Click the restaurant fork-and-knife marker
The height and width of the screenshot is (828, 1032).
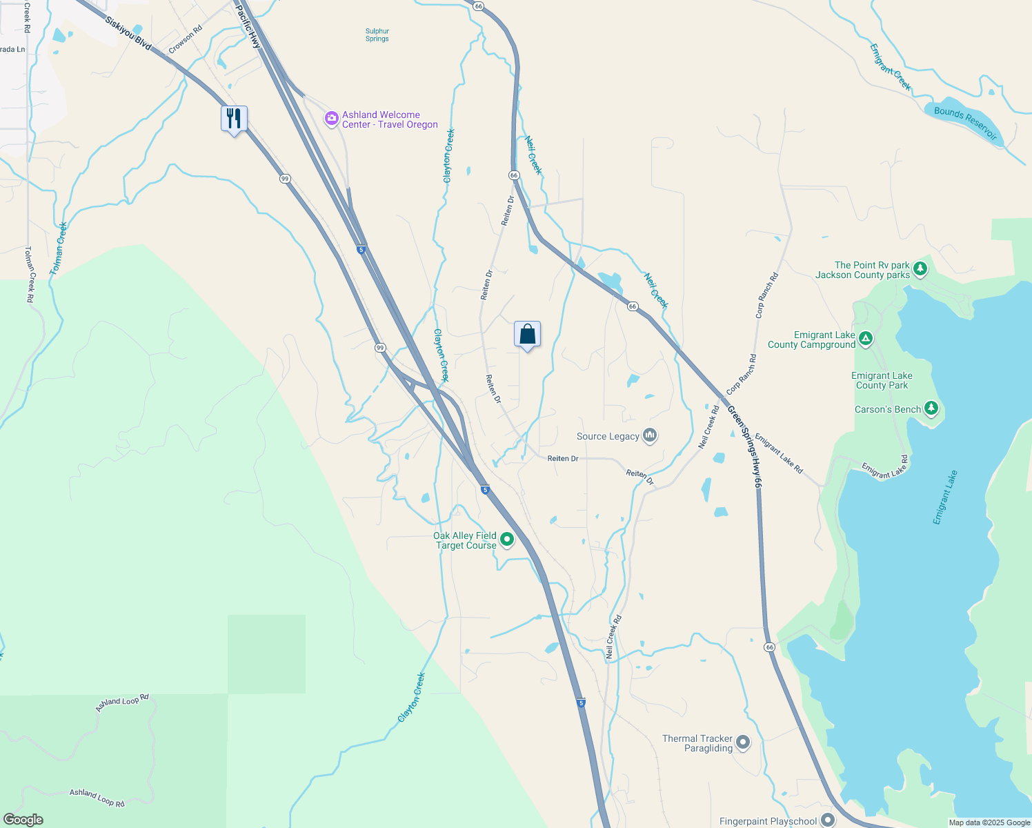234,119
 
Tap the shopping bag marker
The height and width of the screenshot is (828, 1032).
527,335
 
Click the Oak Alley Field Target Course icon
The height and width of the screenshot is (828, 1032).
507,540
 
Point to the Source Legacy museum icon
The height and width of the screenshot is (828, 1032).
649,435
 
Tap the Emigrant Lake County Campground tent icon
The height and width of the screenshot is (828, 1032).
866,339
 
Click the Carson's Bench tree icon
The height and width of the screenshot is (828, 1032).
931,408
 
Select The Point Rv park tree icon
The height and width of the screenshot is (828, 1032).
920,269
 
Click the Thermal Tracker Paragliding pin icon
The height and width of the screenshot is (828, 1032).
743,742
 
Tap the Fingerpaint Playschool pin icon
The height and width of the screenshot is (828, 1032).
828,820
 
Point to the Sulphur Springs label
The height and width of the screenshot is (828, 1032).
377,35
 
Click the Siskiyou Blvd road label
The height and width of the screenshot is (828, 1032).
128,33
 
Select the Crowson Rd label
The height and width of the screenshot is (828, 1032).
186,39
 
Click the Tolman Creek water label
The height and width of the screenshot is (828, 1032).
59,248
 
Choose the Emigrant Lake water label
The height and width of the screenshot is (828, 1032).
945,497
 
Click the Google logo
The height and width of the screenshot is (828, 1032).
23,820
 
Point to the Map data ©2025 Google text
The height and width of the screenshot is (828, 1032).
989,822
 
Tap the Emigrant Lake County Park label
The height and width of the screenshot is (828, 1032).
882,380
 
